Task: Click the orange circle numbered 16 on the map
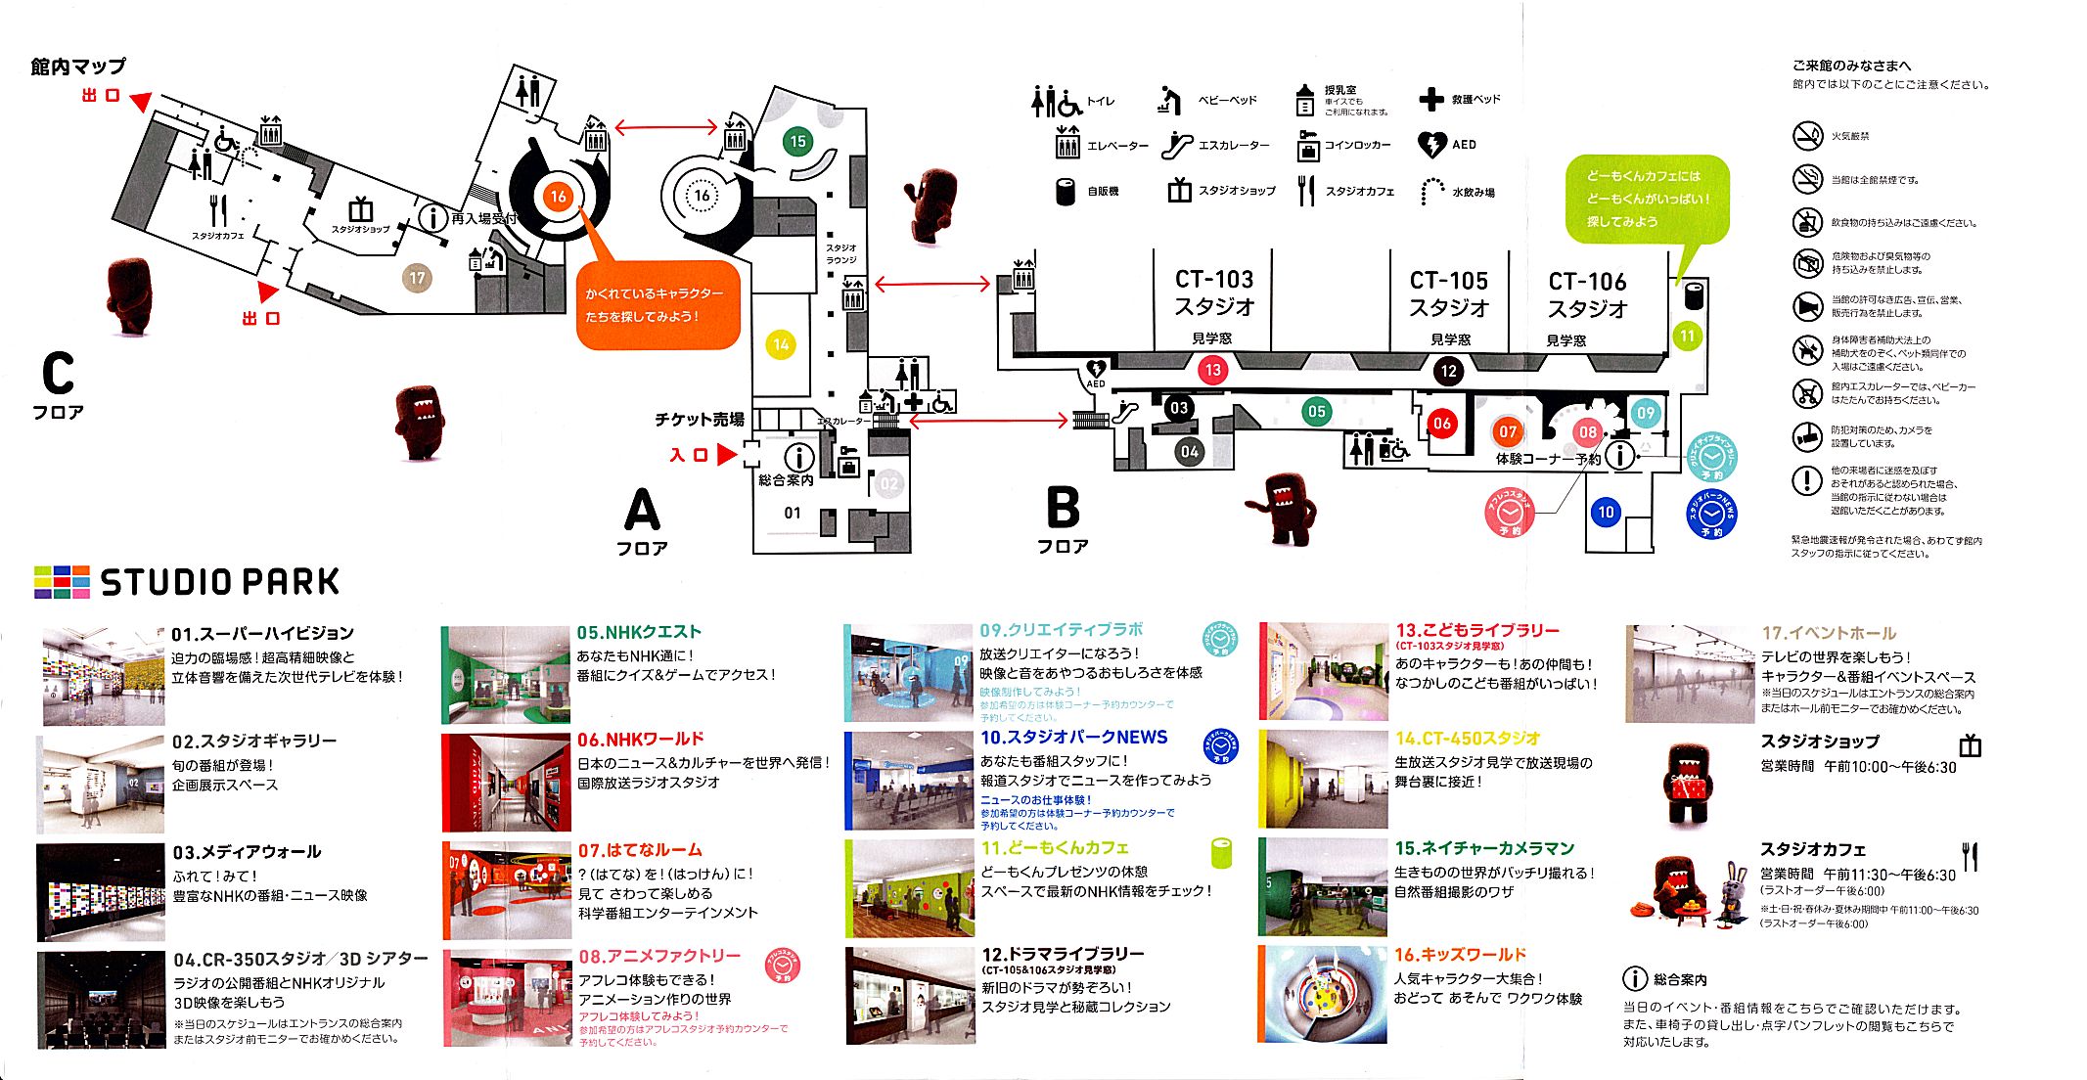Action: click(x=558, y=197)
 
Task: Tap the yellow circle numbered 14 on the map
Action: click(x=781, y=344)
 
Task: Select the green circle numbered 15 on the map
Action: click(x=797, y=141)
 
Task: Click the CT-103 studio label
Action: click(x=1213, y=292)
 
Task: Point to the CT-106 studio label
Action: click(x=1586, y=294)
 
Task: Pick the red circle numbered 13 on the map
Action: click(x=1212, y=370)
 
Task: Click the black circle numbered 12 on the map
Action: click(x=1448, y=371)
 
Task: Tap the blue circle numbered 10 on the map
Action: click(x=1606, y=512)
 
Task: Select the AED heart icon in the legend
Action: click(x=1431, y=145)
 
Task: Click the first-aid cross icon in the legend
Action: click(x=1431, y=99)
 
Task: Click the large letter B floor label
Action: click(x=1063, y=508)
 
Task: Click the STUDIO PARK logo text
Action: click(x=220, y=582)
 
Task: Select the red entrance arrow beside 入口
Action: click(x=726, y=455)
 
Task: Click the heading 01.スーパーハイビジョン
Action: click(x=262, y=633)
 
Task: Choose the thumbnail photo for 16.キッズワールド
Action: click(x=1322, y=994)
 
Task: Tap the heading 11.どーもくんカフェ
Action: click(x=1055, y=847)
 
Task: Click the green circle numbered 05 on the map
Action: click(x=1316, y=412)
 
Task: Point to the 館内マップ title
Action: click(x=78, y=67)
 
